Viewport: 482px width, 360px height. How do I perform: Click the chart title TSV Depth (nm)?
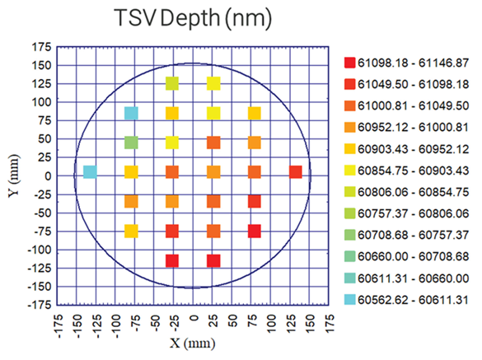(x=193, y=18)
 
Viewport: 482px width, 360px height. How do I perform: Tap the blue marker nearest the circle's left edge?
(x=90, y=172)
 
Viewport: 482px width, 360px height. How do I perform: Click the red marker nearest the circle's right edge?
(x=296, y=172)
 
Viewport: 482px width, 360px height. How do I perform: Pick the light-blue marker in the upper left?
(x=131, y=113)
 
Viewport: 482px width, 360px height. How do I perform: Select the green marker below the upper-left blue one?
(x=131, y=143)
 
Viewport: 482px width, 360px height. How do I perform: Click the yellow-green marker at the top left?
(x=172, y=83)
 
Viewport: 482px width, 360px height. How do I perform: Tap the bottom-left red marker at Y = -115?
(x=172, y=261)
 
